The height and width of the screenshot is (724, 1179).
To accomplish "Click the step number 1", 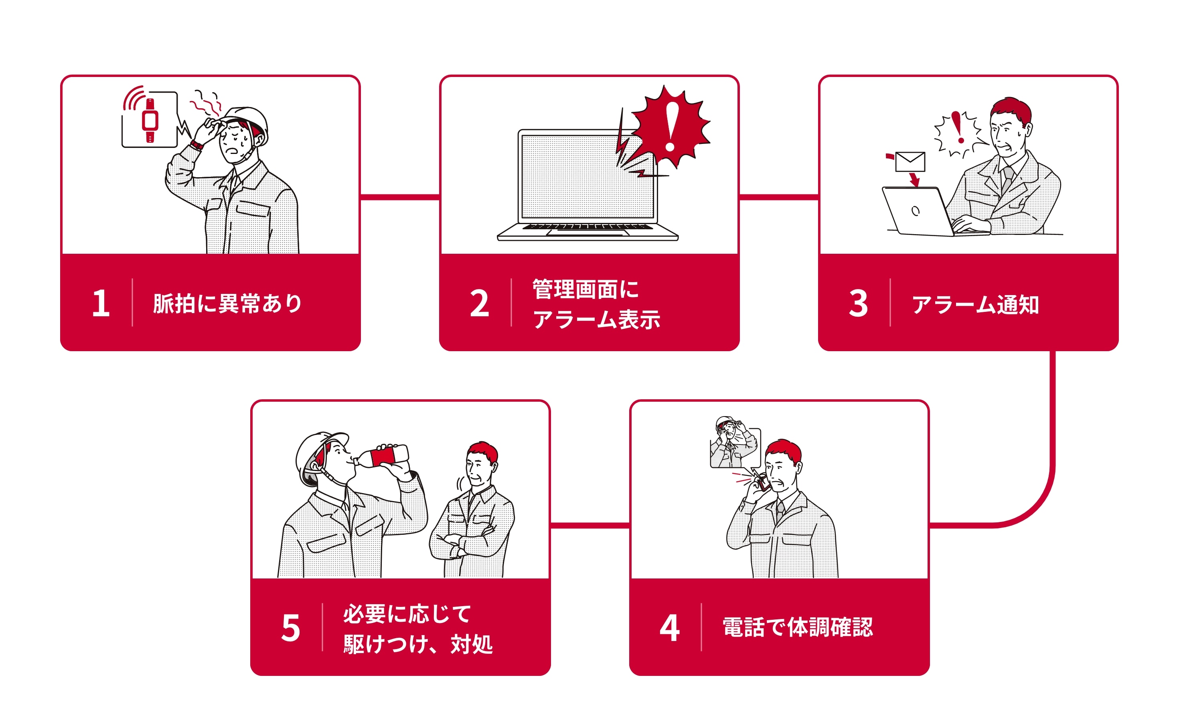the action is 101,303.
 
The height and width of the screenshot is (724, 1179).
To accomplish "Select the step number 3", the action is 858,303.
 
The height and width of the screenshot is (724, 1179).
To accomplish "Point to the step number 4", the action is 669,627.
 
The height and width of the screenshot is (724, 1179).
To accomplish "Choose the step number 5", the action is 291,627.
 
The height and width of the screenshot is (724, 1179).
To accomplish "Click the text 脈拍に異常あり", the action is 227,303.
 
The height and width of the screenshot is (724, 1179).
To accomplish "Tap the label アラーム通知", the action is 975,305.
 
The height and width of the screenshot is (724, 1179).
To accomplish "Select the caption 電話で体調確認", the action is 797,627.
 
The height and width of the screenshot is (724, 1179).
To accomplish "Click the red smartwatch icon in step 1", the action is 150,120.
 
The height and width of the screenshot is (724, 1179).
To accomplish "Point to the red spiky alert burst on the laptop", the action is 670,126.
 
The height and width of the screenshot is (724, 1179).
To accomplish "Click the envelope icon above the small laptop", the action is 910,162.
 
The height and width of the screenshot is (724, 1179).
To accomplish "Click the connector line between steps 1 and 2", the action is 400,197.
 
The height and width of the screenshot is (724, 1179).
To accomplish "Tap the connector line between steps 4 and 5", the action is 590,526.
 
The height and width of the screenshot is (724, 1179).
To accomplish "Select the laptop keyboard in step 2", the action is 587,227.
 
